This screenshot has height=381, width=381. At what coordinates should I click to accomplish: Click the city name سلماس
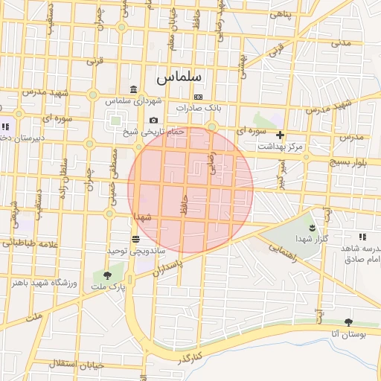176,77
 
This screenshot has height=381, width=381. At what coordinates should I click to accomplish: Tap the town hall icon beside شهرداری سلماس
133,89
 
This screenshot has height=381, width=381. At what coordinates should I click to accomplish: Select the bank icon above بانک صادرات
198,97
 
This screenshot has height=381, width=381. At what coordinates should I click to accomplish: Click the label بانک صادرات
199,108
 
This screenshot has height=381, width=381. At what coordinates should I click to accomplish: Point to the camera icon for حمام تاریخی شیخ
153,121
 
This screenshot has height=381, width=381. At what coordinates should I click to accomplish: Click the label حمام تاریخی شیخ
152,132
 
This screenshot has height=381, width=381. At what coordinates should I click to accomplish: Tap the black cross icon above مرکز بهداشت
280,135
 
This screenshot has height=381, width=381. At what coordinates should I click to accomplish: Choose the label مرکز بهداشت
281,147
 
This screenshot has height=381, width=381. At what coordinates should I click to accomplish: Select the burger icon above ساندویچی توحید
135,240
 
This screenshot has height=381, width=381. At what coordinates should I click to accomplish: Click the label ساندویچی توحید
135,252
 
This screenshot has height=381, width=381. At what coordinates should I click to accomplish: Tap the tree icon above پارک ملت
108,275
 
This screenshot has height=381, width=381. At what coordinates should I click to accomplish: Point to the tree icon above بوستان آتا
348,323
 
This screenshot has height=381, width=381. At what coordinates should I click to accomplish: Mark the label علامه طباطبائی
30,243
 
